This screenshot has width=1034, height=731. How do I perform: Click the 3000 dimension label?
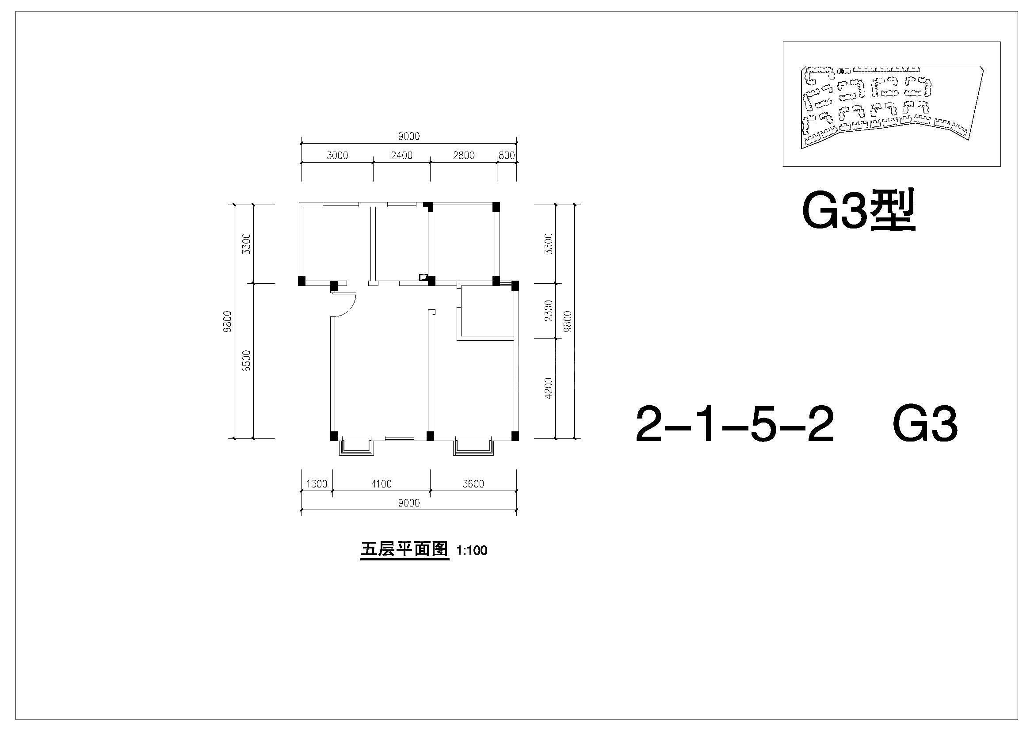tap(337, 155)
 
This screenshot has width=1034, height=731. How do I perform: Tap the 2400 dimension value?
tap(402, 155)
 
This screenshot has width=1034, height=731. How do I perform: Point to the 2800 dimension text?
tap(464, 155)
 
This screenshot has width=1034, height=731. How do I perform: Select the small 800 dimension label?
tap(507, 155)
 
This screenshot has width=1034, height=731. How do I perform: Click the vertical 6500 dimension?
tap(246, 361)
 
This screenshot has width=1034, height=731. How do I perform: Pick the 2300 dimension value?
tap(548, 311)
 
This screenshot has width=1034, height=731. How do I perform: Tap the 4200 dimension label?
tap(548, 388)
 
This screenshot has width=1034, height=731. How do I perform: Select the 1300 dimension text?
tap(317, 484)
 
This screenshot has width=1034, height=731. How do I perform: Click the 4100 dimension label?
tap(382, 484)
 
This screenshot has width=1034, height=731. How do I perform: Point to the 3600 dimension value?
tap(473, 484)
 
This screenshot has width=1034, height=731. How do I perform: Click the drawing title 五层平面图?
tap(404, 550)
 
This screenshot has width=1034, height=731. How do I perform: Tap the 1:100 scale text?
tap(472, 551)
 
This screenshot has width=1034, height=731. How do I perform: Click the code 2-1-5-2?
tap(735, 424)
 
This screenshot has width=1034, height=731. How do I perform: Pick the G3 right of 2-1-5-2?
tap(925, 424)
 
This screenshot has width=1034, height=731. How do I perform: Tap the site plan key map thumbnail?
tap(892, 104)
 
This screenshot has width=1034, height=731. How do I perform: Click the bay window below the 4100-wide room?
tap(357, 445)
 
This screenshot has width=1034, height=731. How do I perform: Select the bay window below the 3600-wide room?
tap(473, 445)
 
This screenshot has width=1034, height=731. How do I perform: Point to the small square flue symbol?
tap(424, 277)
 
